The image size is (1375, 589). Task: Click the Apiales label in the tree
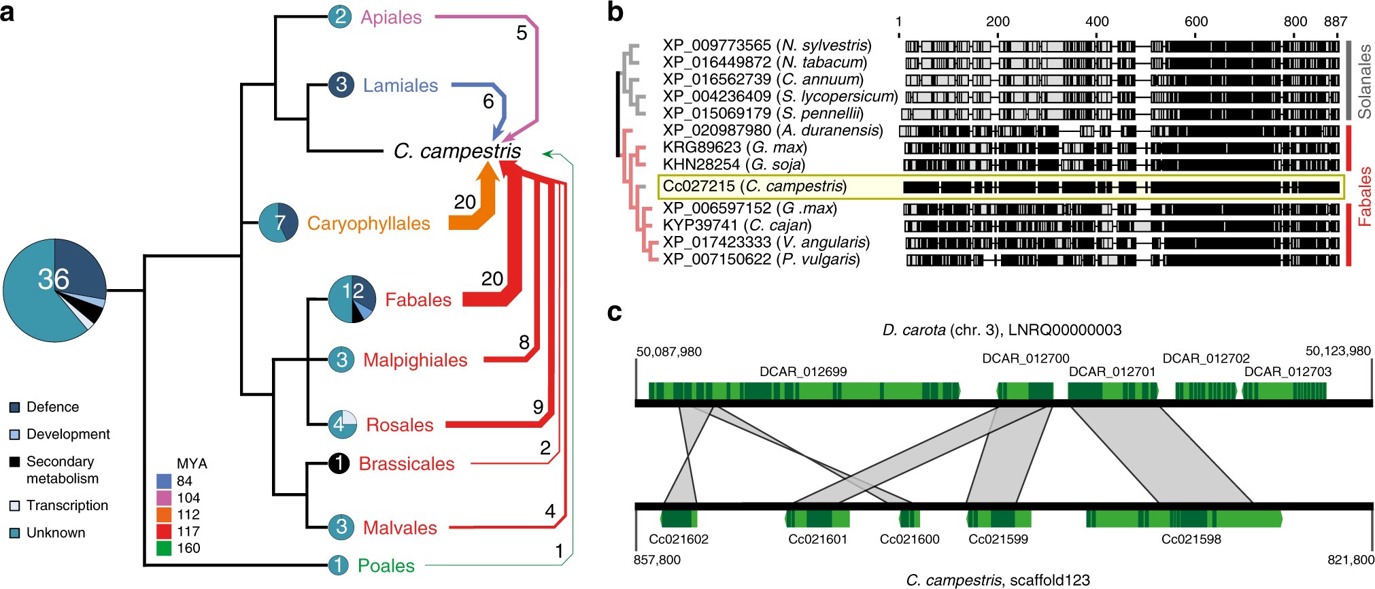click(391, 17)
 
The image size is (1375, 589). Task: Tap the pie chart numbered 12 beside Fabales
click(352, 299)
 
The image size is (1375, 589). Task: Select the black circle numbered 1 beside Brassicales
click(339, 463)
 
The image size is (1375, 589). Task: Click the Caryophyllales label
click(369, 223)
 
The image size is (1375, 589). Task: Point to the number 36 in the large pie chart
click(54, 279)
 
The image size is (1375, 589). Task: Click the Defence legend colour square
click(14, 407)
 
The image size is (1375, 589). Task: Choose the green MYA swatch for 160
click(164, 548)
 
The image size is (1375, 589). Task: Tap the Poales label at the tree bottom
click(386, 565)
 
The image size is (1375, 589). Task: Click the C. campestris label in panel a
click(457, 151)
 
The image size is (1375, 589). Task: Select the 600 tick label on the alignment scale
click(1195, 22)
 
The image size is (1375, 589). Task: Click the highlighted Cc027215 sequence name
click(754, 186)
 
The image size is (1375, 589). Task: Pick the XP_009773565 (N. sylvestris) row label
click(766, 46)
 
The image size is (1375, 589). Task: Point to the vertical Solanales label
click(1364, 82)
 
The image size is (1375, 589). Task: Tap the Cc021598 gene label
click(1191, 539)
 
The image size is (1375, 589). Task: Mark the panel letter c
click(614, 312)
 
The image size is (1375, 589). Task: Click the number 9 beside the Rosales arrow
click(538, 407)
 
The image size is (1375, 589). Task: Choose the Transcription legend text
click(67, 505)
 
